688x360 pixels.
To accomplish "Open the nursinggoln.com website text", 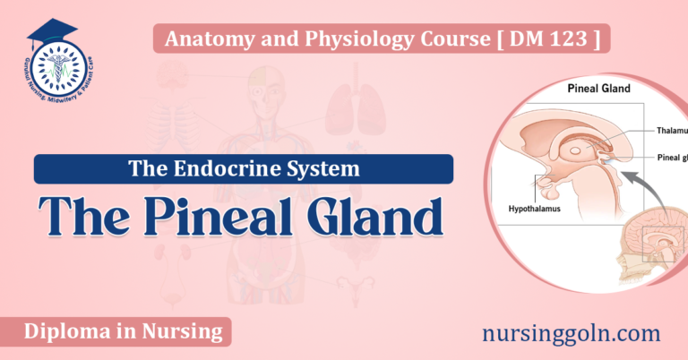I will [x=573, y=333].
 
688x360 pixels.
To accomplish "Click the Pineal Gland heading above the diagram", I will [x=598, y=89].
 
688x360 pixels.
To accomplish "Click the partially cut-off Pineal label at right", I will [x=666, y=158].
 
